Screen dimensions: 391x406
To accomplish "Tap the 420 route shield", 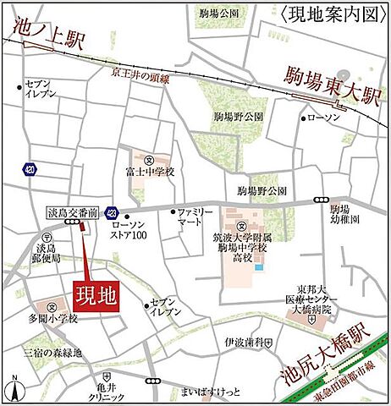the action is pyautogui.click(x=30, y=168).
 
